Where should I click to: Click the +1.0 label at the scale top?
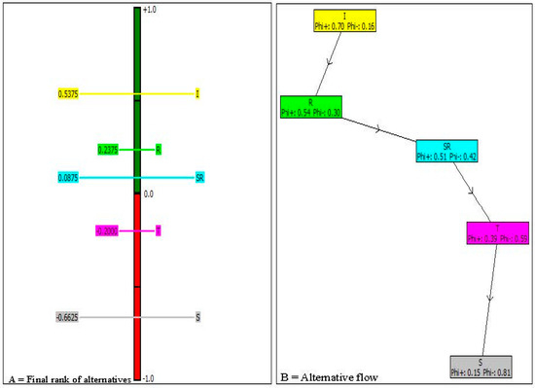click(x=149, y=10)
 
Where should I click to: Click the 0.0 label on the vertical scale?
click(x=149, y=194)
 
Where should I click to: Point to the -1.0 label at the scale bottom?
click(x=149, y=378)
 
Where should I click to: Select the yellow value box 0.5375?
click(x=68, y=94)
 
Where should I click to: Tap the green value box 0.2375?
click(x=108, y=150)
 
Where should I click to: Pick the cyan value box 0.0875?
click(x=68, y=178)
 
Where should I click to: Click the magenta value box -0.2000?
click(x=107, y=230)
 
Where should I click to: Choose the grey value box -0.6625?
click(x=68, y=317)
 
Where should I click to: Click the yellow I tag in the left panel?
click(x=197, y=94)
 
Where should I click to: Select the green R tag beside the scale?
click(x=159, y=150)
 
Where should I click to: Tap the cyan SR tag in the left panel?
click(x=199, y=178)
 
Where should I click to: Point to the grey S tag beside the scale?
click(x=197, y=317)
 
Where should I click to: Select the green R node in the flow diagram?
click(x=310, y=107)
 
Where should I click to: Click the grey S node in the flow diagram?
click(x=481, y=368)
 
